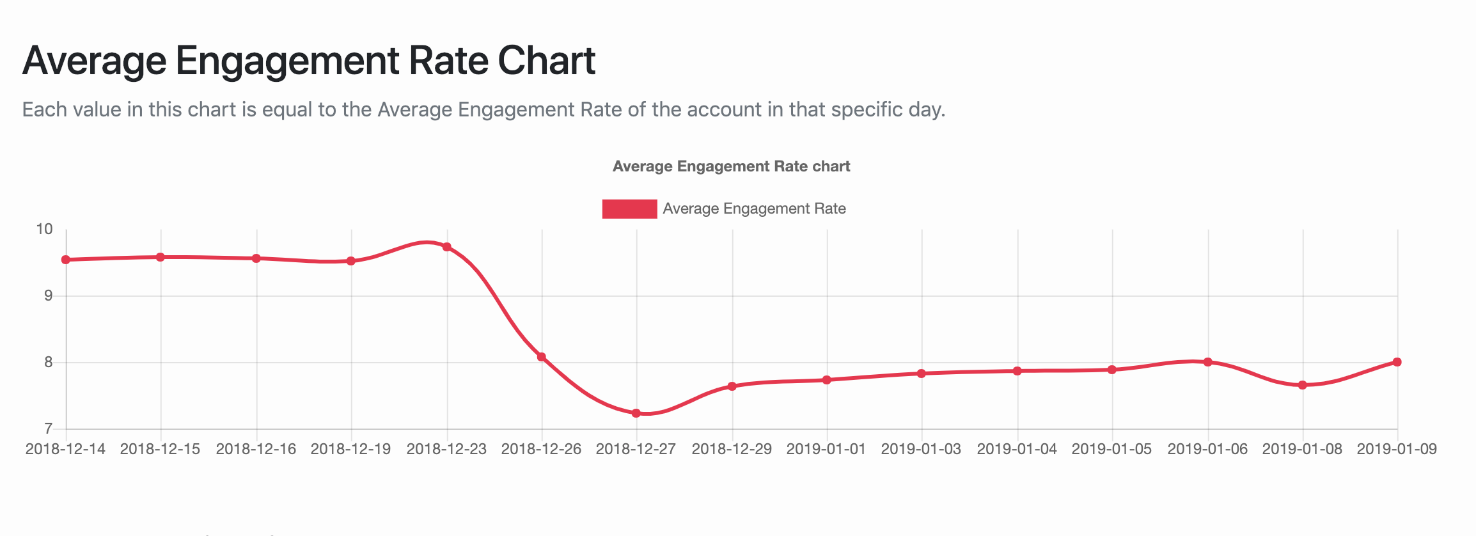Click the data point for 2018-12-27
[636, 413]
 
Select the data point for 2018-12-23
[447, 247]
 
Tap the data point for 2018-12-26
[542, 357]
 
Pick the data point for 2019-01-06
[1208, 362]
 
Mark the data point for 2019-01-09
[1397, 362]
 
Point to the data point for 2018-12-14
[66, 260]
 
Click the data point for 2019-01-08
[1303, 385]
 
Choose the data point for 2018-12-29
[732, 386]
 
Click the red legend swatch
[629, 209]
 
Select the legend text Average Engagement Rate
[754, 209]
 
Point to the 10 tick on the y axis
[44, 229]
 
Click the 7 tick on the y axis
[48, 429]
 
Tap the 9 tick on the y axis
[48, 296]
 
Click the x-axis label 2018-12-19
[350, 449]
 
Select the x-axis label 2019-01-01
[826, 449]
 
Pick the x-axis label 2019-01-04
[1017, 449]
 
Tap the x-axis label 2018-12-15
[160, 449]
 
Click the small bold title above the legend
[731, 166]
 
